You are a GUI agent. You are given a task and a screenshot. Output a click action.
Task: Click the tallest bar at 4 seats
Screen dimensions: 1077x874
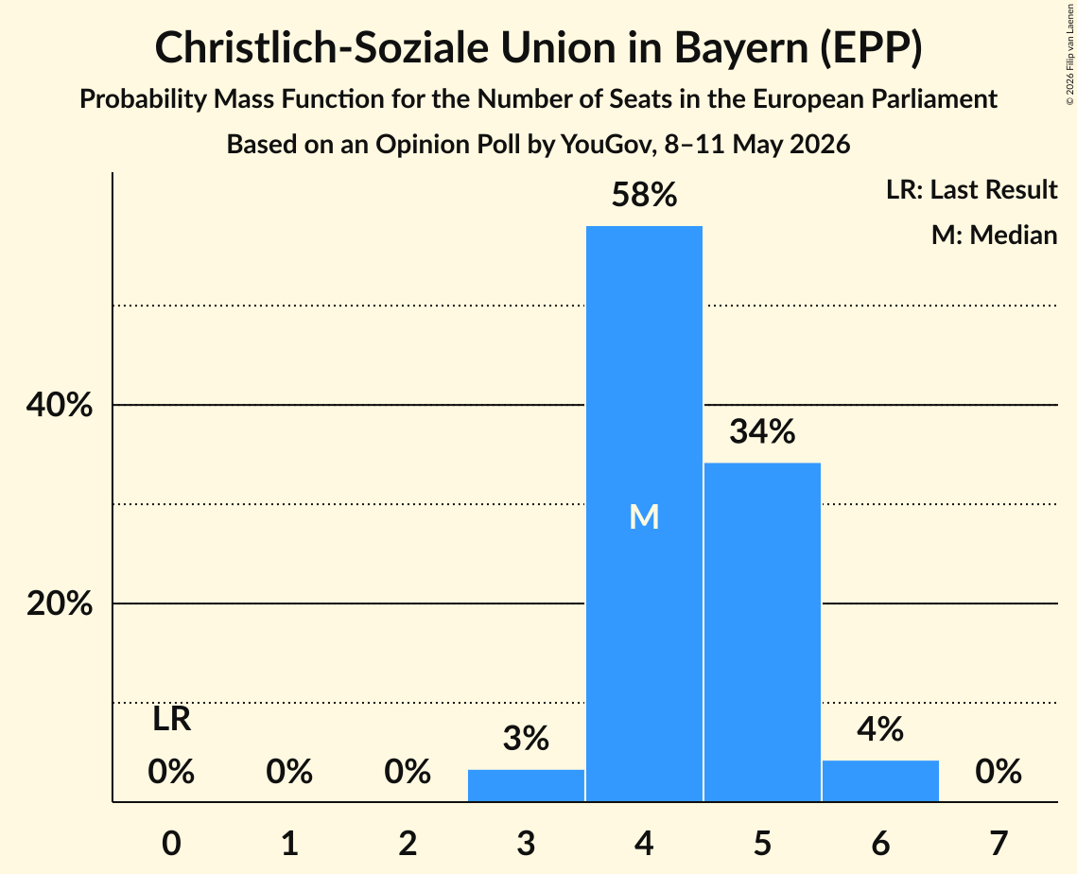point(644,514)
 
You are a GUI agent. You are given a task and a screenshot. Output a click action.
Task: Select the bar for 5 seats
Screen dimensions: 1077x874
point(762,632)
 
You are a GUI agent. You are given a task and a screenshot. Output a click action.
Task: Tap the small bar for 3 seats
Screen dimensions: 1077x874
point(526,785)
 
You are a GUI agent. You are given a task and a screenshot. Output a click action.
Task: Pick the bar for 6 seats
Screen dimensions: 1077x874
point(880,780)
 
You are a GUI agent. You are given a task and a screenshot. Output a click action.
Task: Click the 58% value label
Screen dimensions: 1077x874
point(644,195)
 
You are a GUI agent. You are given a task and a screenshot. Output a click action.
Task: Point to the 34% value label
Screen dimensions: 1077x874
point(762,431)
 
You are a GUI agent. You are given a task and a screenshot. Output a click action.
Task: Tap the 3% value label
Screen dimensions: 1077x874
point(526,739)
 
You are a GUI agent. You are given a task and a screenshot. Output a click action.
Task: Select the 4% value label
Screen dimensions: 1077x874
point(880,729)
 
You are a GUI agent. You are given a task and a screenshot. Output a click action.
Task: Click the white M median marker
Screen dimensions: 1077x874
point(644,516)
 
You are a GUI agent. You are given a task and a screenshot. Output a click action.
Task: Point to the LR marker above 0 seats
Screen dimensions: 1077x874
point(172,720)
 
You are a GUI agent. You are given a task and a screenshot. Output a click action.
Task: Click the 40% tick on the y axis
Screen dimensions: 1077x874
point(60,405)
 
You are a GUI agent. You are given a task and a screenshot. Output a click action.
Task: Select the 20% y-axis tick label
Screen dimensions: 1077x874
point(60,603)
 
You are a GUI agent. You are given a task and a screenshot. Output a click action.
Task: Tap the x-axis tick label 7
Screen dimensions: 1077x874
point(999,843)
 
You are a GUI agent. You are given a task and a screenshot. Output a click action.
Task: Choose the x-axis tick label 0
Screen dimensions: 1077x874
point(172,843)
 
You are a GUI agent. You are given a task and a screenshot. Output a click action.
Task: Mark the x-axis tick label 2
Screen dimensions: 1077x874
point(408,843)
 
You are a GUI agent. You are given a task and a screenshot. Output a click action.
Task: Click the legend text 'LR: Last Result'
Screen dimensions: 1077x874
point(972,189)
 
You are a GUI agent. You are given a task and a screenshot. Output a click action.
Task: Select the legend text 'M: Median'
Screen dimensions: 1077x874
point(995,235)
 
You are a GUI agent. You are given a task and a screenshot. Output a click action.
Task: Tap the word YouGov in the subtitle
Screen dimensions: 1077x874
point(609,145)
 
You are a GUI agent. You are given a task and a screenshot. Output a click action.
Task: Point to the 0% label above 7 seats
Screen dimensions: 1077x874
point(999,772)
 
